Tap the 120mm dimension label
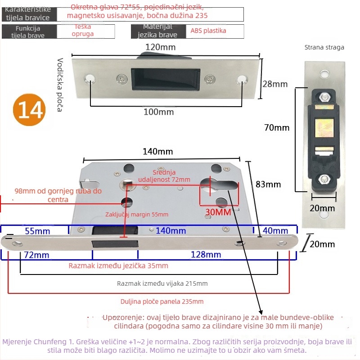click(x=160, y=47)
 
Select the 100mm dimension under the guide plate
click(x=158, y=112)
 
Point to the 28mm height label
click(x=275, y=84)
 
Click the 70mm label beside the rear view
click(x=277, y=128)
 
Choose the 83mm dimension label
click(x=268, y=184)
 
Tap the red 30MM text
click(x=218, y=211)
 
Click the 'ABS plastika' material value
click(x=208, y=31)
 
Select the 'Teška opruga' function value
click(x=84, y=31)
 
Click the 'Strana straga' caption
click(x=324, y=47)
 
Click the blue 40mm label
click(x=275, y=231)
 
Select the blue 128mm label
click(x=206, y=255)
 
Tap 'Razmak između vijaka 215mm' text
click(x=162, y=283)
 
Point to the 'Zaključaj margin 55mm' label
click(x=137, y=215)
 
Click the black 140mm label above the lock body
click(x=157, y=152)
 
